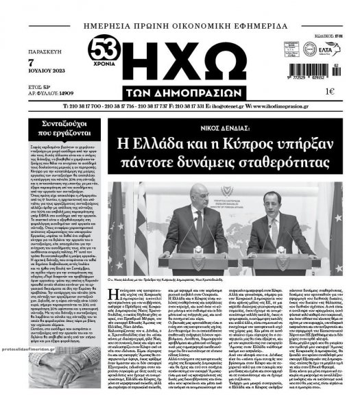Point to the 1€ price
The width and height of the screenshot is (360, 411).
(x=329, y=92)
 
